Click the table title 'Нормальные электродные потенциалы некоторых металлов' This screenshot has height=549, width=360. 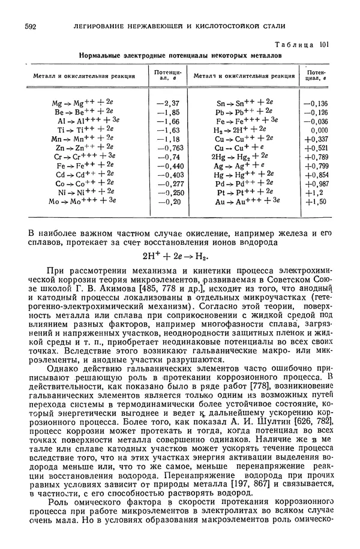click(180, 55)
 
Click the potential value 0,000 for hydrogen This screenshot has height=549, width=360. click(319, 129)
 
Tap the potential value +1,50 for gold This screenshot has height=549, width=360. click(316, 202)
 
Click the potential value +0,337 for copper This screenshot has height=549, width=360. click(316, 138)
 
